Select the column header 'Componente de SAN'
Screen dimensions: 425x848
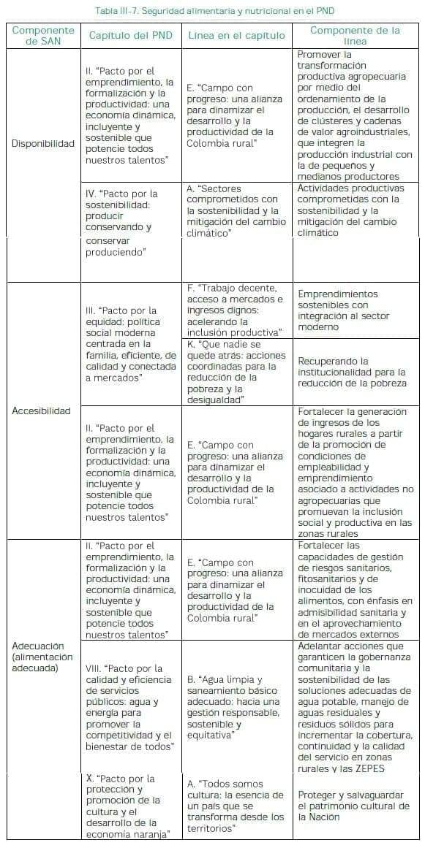click(x=43, y=36)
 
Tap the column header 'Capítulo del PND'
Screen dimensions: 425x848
click(x=130, y=36)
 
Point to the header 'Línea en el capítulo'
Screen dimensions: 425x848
click(x=236, y=36)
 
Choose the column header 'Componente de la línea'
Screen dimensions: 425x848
click(x=355, y=36)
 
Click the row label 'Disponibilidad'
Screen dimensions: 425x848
click(x=43, y=143)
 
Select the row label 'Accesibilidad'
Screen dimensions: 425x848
click(x=42, y=410)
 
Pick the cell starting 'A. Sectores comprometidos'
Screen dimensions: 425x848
click(x=236, y=210)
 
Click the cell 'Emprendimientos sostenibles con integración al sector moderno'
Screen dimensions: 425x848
click(x=343, y=310)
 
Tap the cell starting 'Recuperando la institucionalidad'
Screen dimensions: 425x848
click(x=351, y=372)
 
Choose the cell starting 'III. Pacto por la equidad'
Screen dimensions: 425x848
click(x=130, y=344)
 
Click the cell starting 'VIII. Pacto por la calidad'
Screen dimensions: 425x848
click(x=130, y=707)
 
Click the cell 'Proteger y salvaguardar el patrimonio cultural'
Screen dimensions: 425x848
click(x=354, y=806)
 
